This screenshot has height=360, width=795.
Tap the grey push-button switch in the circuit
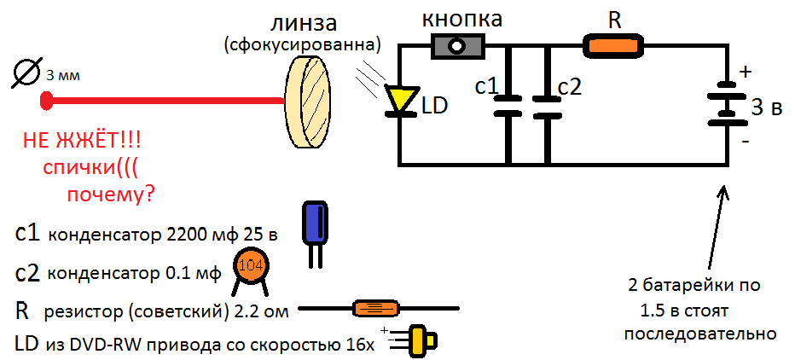458,46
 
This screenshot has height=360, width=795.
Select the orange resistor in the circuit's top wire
615,46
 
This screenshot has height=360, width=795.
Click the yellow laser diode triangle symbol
400,100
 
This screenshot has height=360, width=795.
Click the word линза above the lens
304,22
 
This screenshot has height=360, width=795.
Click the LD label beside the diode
434,105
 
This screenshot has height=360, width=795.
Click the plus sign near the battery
745,72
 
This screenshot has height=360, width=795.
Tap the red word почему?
110,195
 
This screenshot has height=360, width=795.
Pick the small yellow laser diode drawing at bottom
418,340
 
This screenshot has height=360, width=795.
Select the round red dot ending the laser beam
46,101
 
